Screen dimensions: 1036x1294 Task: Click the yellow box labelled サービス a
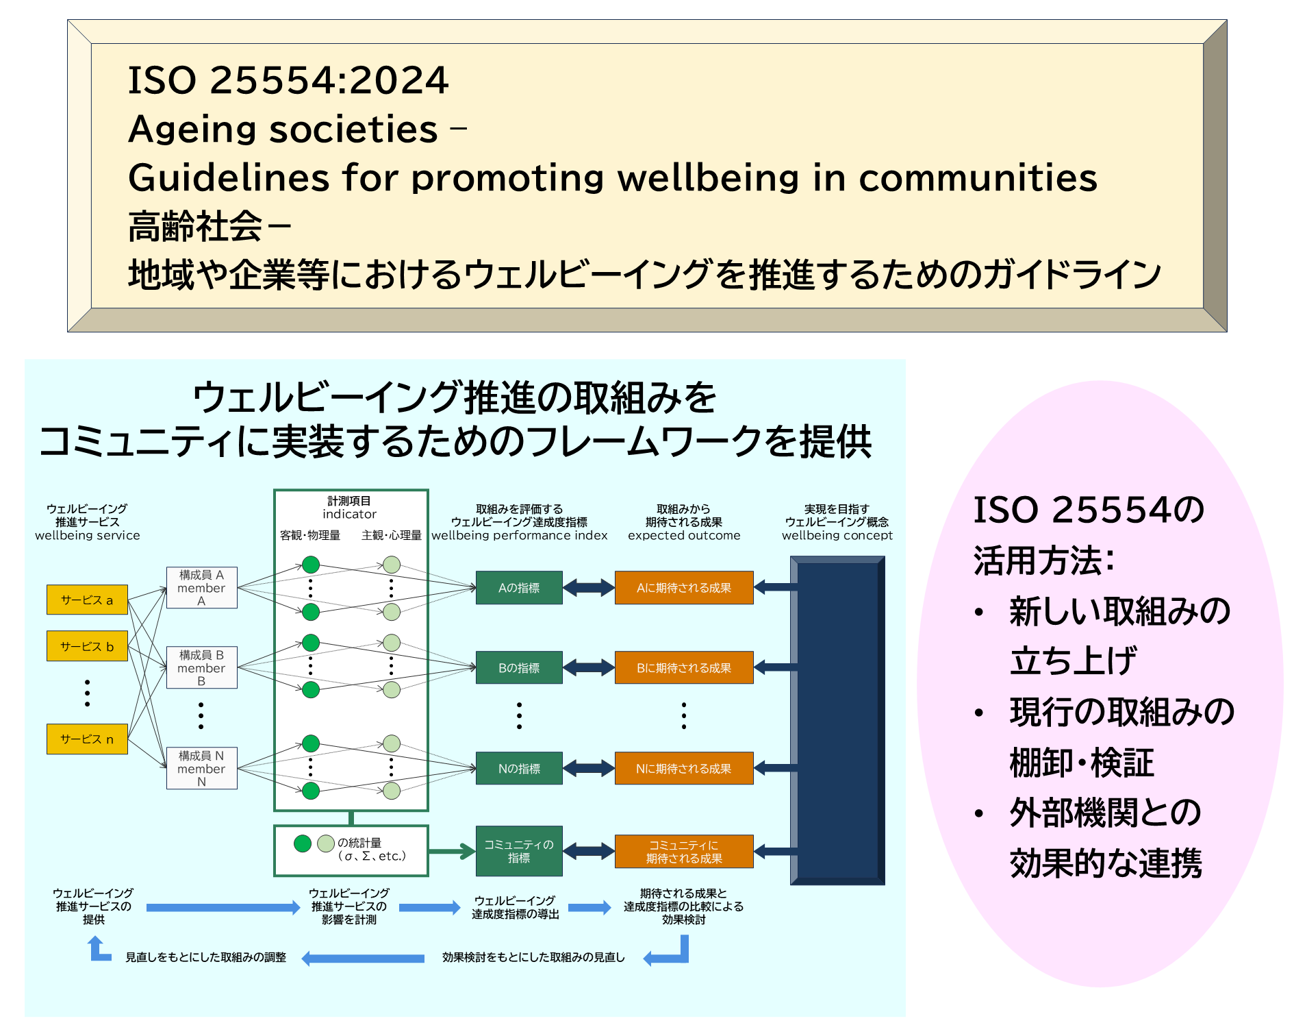click(87, 600)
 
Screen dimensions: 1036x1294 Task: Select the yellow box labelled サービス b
click(87, 646)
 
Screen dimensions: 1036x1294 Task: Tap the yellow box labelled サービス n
click(87, 739)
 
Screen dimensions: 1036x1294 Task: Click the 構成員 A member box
click(201, 588)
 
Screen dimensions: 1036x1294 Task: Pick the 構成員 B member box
click(201, 668)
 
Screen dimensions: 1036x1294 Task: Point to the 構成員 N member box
click(201, 768)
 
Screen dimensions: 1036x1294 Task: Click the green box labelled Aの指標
click(519, 588)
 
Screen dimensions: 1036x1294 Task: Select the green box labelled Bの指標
click(519, 668)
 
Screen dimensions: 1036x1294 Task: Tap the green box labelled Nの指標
click(519, 768)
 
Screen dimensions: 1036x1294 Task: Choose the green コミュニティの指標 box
click(519, 851)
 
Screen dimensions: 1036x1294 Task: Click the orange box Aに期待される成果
click(684, 588)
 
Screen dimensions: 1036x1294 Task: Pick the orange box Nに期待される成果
click(684, 768)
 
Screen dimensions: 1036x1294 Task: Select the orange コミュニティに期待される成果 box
click(684, 851)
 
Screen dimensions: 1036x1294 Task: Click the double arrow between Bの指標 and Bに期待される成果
click(589, 668)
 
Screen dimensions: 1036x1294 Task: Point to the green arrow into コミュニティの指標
click(452, 852)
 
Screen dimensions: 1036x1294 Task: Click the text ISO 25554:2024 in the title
click(288, 80)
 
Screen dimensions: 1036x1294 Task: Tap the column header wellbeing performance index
click(519, 535)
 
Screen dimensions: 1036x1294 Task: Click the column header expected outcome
click(684, 535)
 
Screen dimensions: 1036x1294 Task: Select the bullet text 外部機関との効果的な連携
click(1105, 837)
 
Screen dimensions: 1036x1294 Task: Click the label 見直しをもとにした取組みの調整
click(205, 957)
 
